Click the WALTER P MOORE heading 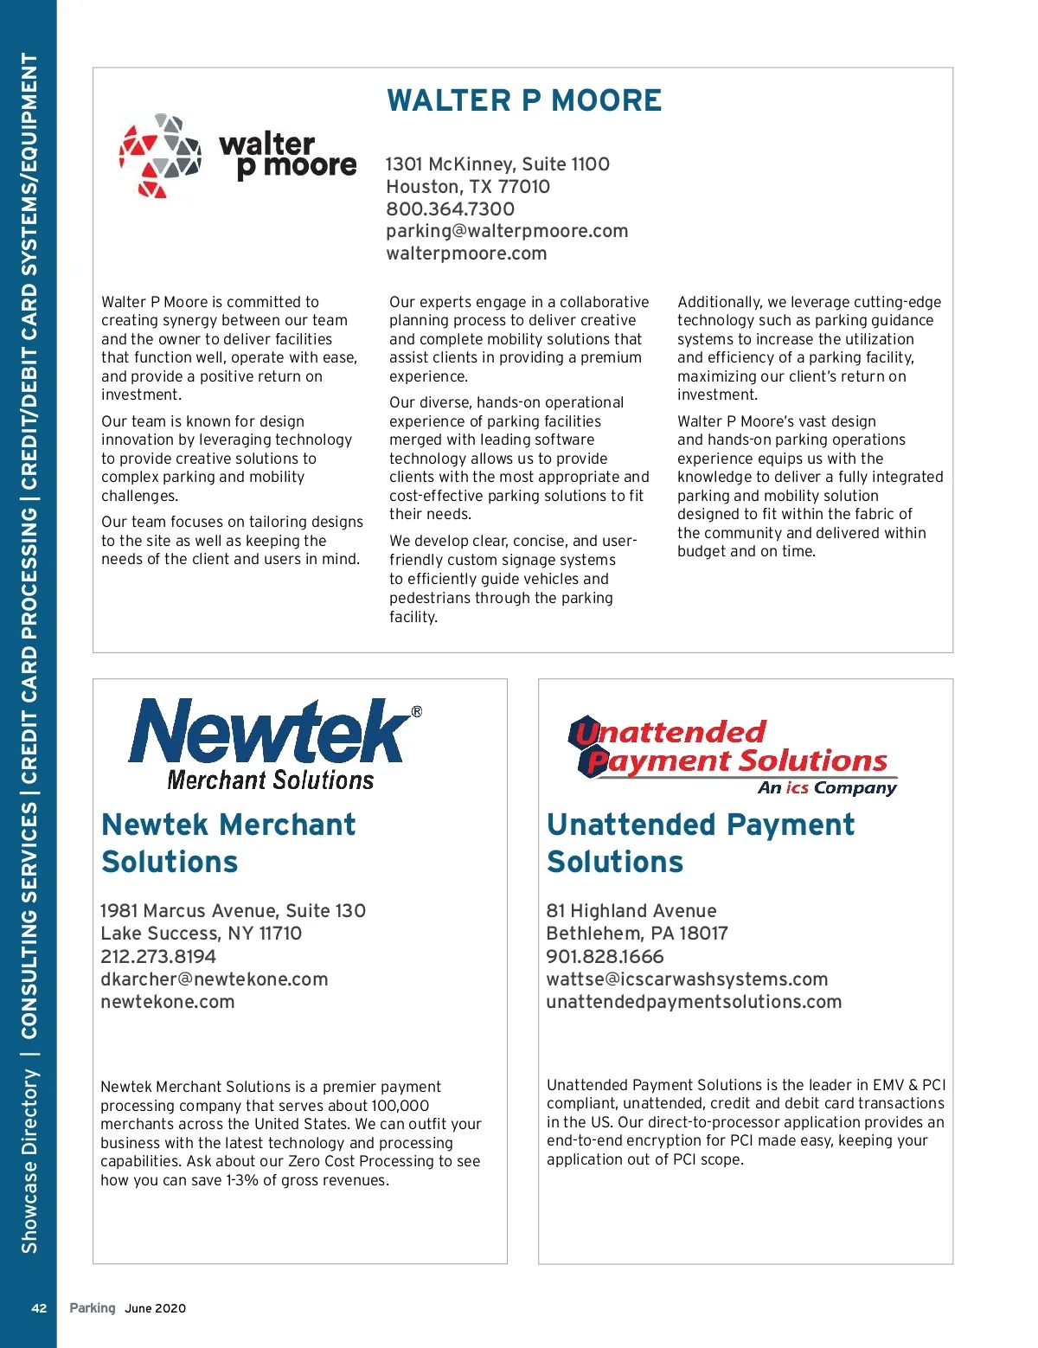524,100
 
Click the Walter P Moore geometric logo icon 160,156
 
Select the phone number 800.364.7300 450,209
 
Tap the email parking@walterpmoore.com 507,231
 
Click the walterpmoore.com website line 466,254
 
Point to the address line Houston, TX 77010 467,187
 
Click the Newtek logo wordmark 268,732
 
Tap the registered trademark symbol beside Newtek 417,711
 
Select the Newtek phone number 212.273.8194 158,956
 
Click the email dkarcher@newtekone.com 215,979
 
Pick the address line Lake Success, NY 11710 202,934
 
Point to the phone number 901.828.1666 605,956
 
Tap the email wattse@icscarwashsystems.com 687,979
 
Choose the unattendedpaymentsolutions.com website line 694,1002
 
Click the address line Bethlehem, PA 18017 637,934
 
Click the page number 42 39,1308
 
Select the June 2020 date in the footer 156,1308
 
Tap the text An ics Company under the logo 827,787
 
